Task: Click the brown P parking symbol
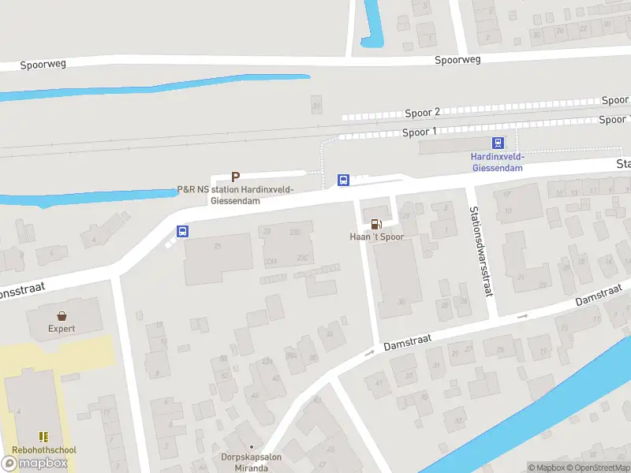[234, 177]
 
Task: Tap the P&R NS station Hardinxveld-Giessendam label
[235, 195]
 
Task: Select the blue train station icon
[498, 143]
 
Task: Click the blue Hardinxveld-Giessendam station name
[498, 162]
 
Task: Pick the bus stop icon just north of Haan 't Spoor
[343, 180]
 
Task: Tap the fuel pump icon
[376, 223]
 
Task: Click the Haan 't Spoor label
[376, 236]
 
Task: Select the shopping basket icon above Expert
[62, 315]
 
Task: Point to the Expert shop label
[62, 329]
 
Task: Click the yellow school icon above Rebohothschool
[44, 436]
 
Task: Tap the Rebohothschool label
[44, 450]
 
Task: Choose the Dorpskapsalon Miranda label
[252, 462]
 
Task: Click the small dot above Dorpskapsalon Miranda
[252, 446]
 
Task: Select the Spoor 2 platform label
[422, 113]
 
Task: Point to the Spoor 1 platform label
[419, 132]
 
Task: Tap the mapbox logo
[35, 463]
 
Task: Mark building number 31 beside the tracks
[317, 105]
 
